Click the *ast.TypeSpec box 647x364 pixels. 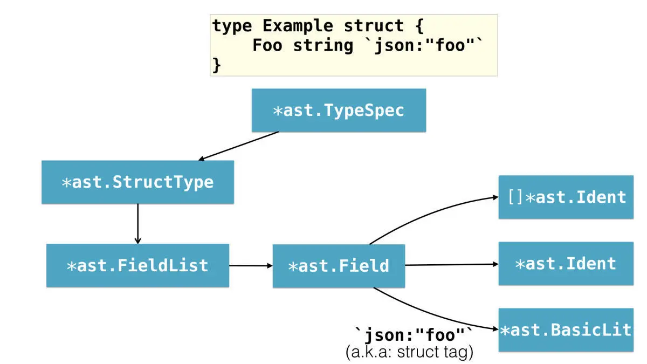pyautogui.click(x=339, y=111)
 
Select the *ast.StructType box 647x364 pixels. pyautogui.click(x=137, y=182)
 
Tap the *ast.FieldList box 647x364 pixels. pyautogui.click(x=137, y=265)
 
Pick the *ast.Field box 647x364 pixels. pyautogui.click(x=339, y=266)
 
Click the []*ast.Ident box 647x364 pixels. pyautogui.click(x=566, y=197)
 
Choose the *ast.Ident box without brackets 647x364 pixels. pyautogui.click(x=566, y=264)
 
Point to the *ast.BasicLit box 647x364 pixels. pyautogui.click(x=566, y=329)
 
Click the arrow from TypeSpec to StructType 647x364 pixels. pyautogui.click(x=239, y=146)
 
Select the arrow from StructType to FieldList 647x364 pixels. pyautogui.click(x=137, y=223)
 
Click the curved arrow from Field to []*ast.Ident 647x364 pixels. pyautogui.click(x=431, y=211)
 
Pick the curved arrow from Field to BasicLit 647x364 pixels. pyautogui.click(x=431, y=315)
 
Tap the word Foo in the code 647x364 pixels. pyautogui.click(x=267, y=45)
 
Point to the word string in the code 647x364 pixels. pyautogui.click(x=323, y=45)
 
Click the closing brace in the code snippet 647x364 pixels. pyautogui.click(x=216, y=64)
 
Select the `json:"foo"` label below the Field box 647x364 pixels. pyautogui.click(x=413, y=335)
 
